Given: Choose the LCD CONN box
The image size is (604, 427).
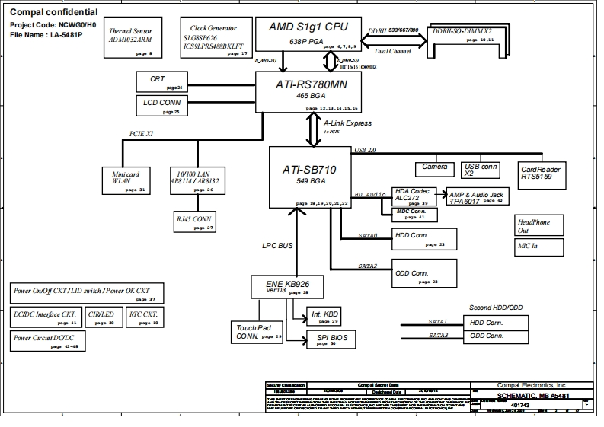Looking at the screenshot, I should click(x=161, y=104).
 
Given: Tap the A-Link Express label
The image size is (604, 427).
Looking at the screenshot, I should click(x=347, y=123).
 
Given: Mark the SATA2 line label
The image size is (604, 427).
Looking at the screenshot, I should click(x=368, y=266).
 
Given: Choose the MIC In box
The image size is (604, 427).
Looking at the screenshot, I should click(x=539, y=247).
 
